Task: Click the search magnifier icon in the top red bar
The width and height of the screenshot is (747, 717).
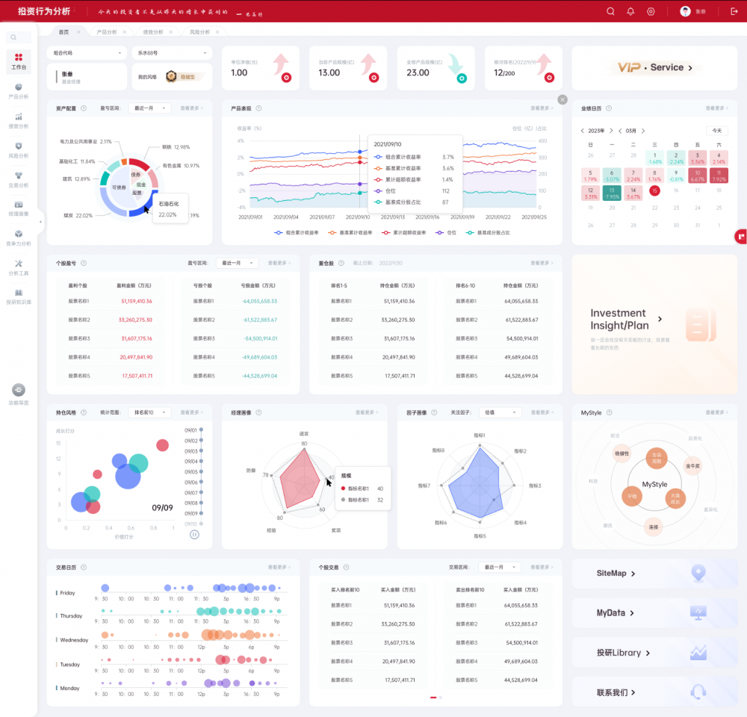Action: (610, 11)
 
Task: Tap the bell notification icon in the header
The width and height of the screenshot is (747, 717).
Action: (630, 11)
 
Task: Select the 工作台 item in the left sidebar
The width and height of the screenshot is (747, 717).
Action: (19, 61)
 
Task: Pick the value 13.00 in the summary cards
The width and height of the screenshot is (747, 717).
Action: (329, 73)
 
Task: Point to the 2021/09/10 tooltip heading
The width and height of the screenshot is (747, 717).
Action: (388, 144)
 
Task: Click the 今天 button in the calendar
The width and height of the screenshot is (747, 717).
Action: (716, 130)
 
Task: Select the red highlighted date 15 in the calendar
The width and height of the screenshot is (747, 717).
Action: (654, 190)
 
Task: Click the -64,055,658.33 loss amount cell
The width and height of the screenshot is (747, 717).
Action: (259, 301)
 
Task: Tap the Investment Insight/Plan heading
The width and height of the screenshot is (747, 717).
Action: (618, 319)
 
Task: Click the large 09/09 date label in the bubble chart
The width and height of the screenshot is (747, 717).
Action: (162, 507)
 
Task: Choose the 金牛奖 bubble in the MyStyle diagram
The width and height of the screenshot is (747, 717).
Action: (692, 465)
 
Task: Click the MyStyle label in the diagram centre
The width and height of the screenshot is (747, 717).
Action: (654, 485)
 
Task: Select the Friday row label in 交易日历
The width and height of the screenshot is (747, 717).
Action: (67, 593)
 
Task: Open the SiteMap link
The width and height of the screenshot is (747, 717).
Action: (616, 574)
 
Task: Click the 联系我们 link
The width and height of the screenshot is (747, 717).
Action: (616, 692)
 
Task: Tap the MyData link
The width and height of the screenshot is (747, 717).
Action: (615, 613)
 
